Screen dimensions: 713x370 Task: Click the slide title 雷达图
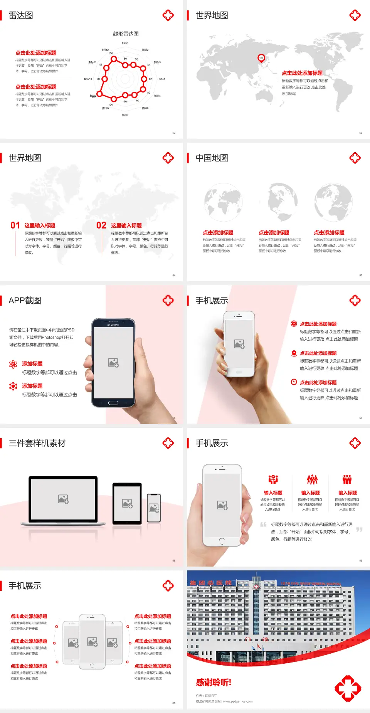[21, 15]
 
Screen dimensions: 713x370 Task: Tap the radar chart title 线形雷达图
[126, 34]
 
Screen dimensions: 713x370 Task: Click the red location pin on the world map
[261, 58]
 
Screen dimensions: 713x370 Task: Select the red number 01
[15, 225]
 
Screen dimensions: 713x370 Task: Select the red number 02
[101, 225]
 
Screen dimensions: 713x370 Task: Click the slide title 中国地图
[212, 158]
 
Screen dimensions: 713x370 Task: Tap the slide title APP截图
[25, 301]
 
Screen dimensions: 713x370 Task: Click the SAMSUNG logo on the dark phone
[113, 325]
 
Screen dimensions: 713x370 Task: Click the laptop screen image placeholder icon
[63, 499]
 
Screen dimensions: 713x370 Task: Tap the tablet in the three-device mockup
[127, 503]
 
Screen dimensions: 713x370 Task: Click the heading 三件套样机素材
[37, 443]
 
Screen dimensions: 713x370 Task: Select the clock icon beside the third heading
[294, 382]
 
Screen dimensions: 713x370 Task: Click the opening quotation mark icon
[263, 525]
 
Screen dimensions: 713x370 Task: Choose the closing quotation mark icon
[359, 530]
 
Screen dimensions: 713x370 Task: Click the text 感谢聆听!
[214, 683]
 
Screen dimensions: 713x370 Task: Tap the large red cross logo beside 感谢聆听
[348, 688]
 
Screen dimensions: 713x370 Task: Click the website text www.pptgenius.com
[237, 701]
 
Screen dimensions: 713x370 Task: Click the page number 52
[174, 133]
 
